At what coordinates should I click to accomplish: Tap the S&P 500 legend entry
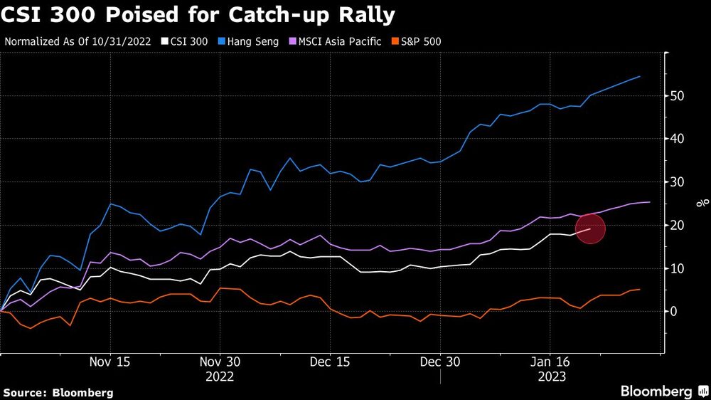point(419,41)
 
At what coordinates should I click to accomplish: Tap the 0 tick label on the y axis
point(673,312)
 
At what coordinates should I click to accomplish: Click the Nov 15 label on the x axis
point(110,362)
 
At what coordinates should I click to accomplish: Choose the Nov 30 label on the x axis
point(220,362)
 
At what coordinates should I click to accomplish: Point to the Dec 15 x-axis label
point(330,362)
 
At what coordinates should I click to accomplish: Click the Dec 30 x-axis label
point(440,362)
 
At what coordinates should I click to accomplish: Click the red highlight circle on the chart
point(590,229)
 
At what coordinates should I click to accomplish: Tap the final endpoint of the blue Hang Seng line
point(640,76)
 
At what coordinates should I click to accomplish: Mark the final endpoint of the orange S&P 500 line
point(640,289)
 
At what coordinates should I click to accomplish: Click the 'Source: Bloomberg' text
point(58,392)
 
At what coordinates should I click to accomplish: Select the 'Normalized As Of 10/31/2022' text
point(77,41)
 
